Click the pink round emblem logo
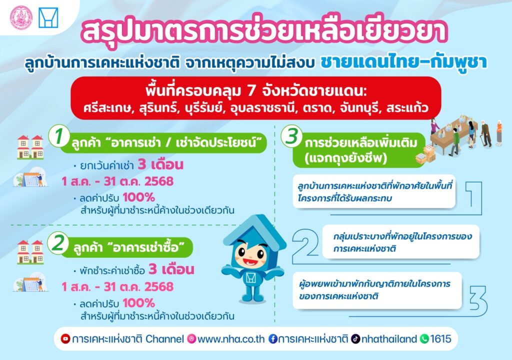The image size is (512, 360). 21,17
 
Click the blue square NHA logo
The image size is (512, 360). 48,17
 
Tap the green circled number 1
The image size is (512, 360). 59,136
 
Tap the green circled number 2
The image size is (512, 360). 58,243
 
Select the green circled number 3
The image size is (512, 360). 291,136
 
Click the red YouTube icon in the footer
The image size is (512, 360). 65,339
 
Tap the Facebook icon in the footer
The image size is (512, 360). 273,339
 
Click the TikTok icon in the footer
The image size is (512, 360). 355,339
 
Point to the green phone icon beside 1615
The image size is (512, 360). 424,339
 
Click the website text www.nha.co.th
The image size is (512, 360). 231,339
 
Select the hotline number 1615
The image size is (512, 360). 441,339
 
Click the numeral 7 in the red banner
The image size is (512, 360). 251,91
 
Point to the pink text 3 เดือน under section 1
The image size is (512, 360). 160,164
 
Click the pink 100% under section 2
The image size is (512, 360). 138,303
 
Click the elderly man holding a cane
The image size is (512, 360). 486,133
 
